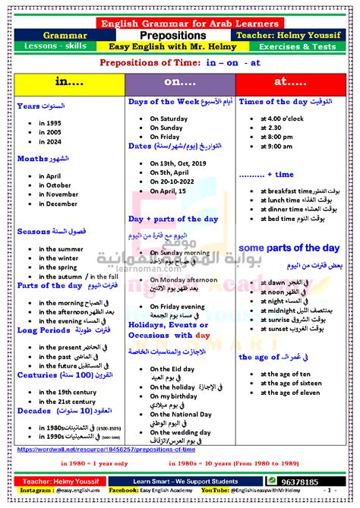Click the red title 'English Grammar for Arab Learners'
180,24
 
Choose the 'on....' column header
179,80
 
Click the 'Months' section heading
33,159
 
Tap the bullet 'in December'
62,204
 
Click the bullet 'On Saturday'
168,118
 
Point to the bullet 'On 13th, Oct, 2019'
178,163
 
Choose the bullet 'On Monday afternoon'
185,280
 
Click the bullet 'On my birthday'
175,396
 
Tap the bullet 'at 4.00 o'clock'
286,118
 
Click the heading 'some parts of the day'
289,248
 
